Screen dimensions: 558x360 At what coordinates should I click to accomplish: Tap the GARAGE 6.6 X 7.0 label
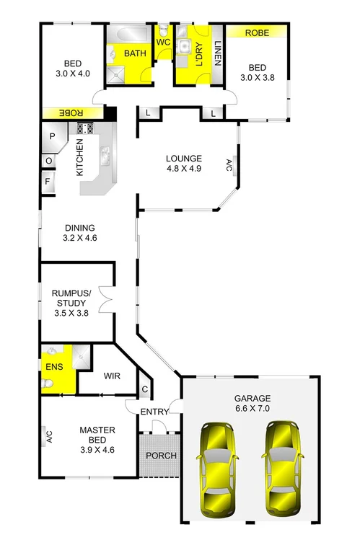coord(252,403)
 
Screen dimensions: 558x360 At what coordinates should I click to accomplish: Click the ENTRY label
coord(154,412)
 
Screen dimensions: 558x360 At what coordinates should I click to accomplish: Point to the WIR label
coord(112,376)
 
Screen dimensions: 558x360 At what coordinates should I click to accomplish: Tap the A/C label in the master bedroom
coord(49,436)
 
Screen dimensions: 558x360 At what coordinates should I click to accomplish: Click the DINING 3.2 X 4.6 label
coord(80,231)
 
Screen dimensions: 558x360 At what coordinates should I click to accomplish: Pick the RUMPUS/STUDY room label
coord(71,303)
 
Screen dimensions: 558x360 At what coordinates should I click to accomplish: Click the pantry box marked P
coord(53,137)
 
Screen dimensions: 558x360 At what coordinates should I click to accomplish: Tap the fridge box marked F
coord(48,181)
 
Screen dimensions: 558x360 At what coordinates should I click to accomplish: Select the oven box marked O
coord(48,161)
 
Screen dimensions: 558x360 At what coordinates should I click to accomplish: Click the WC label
coord(162,42)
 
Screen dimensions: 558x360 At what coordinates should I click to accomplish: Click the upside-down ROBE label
coord(71,113)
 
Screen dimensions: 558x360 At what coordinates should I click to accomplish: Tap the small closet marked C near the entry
coord(144,390)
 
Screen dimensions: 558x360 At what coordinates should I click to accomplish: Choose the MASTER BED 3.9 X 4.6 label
coord(97,440)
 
